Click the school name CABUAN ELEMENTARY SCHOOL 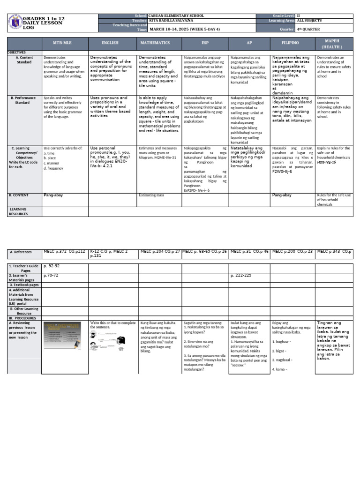tap(176, 15)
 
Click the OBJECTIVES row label tap(17, 52)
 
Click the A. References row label tap(21, 252)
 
